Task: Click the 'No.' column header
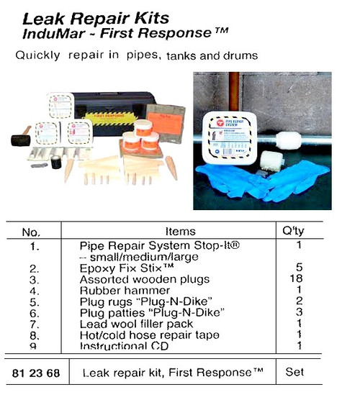(x=31, y=232)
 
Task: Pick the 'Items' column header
(x=180, y=232)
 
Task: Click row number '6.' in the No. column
(x=31, y=312)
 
